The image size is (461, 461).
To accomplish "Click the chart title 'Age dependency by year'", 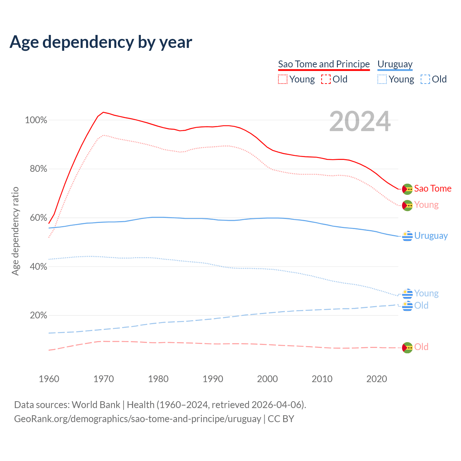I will pos(101,42).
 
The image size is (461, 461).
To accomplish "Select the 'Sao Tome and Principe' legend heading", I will pos(324,64).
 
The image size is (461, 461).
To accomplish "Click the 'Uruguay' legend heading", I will pos(395,64).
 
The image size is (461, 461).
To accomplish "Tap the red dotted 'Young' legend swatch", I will pos(283,79).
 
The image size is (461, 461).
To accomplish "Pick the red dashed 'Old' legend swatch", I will pos(326,79).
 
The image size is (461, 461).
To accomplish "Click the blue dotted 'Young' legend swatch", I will pos(382,79).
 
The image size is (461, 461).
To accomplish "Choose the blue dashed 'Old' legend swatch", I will pos(425,79).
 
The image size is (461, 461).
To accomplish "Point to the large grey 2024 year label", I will pos(360,122).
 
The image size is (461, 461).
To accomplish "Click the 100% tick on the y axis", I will pos(36,120).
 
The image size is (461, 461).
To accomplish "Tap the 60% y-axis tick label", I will pos(38,218).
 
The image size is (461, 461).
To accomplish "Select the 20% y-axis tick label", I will pos(38,315).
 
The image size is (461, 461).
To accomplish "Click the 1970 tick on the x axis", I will pos(104,379).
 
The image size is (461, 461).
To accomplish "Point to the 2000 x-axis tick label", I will pos(267,379).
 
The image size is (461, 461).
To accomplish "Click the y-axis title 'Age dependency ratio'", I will pos(15,231).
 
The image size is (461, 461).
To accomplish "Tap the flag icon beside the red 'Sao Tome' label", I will pos(407,189).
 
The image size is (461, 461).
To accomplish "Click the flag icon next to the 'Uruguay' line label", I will pos(407,236).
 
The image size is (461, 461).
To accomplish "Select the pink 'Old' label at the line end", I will pos(421,347).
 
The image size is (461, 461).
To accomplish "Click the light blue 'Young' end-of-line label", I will pos(426,293).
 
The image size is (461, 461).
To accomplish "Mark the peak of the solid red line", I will pos(103,112).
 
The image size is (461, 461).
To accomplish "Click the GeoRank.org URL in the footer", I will pos(138,419).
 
